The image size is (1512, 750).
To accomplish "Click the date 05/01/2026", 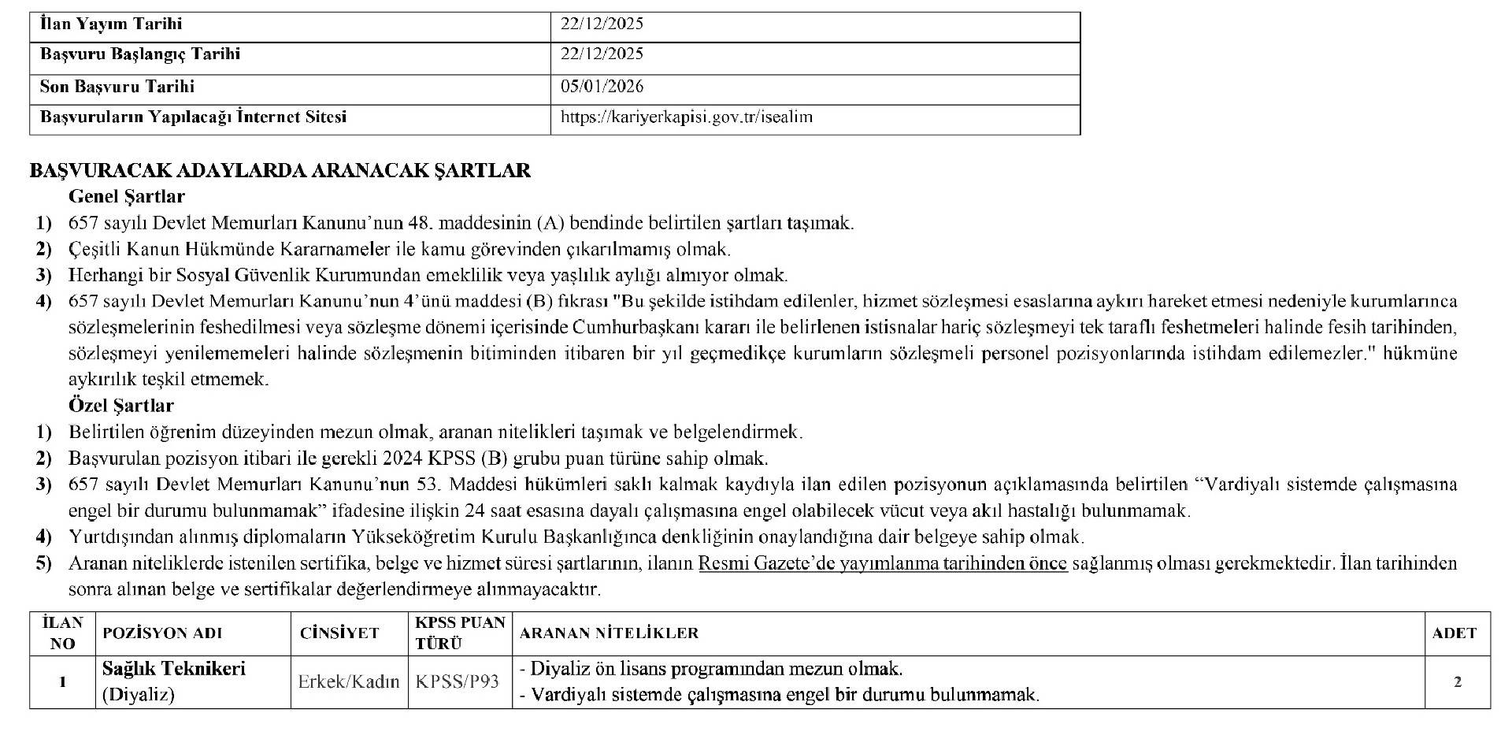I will [x=602, y=87].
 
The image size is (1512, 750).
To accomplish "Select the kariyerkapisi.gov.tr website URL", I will [x=686, y=117].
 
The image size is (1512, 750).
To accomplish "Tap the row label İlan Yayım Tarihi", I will [x=111, y=24].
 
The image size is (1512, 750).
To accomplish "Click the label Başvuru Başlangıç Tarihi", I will [x=140, y=54].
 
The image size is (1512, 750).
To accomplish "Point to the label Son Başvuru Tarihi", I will [x=117, y=87].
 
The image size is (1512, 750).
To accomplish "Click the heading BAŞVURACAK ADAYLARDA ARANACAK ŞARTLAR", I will [x=280, y=171].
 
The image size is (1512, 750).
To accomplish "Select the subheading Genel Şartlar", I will [x=127, y=196].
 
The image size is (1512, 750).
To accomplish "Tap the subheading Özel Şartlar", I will [x=121, y=406].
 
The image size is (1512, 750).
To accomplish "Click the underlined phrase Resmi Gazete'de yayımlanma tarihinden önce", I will [x=883, y=563].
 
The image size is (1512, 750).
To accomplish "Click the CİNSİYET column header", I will [x=339, y=633].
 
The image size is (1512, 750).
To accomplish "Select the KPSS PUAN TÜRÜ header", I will [x=460, y=633].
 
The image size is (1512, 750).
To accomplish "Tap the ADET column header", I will [x=1455, y=633].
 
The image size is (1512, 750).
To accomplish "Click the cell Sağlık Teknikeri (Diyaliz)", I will [x=174, y=681].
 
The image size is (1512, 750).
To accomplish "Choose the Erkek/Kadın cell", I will [x=349, y=682].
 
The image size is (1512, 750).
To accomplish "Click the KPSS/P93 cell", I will [x=458, y=682].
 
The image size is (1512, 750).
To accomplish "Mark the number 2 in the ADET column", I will [x=1457, y=682].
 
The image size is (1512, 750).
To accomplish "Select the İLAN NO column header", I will [x=62, y=633].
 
